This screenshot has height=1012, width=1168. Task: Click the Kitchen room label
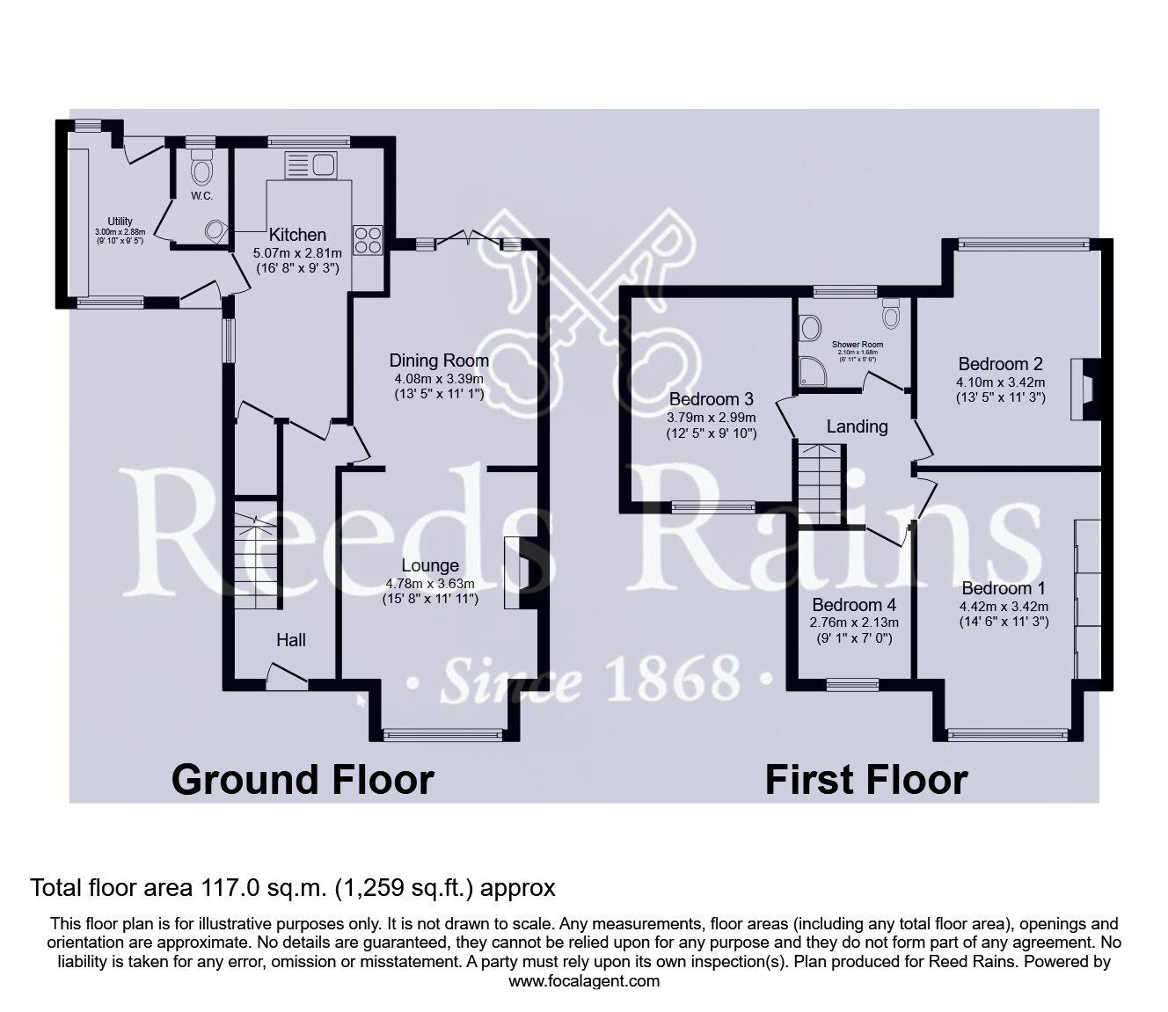pos(297,235)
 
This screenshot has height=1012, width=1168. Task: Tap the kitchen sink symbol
pos(310,165)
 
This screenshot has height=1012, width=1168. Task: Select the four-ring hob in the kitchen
pos(368,240)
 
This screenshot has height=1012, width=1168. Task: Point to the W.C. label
pos(202,195)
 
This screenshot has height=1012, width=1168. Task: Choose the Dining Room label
pos(439,360)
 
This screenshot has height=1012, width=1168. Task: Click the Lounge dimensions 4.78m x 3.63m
pos(430,583)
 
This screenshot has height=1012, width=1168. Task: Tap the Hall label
pos(291,640)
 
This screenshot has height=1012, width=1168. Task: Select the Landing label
pos(857,426)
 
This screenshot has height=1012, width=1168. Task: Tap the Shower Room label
pos(857,345)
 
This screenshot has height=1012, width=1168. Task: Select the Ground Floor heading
pos(303,779)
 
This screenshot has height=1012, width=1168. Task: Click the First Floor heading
pos(866,779)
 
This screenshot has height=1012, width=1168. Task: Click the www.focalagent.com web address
pos(584,980)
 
